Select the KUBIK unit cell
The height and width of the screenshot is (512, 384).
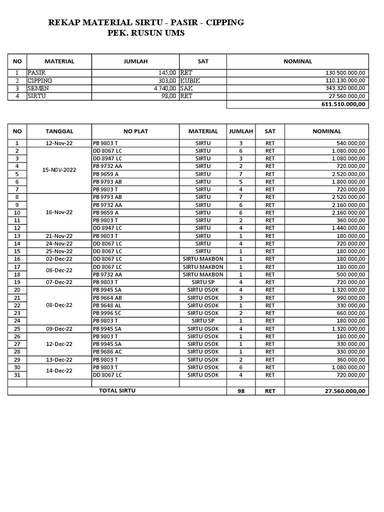click(x=189, y=80)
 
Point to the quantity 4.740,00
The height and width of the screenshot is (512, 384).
click(x=164, y=88)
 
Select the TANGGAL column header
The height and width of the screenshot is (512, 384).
click(x=59, y=131)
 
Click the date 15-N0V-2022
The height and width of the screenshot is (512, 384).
click(x=59, y=170)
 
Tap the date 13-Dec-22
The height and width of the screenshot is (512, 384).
click(x=59, y=359)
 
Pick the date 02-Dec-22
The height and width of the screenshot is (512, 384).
click(x=59, y=259)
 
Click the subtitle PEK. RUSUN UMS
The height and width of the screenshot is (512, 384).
click(x=146, y=33)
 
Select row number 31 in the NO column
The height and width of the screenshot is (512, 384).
click(x=17, y=374)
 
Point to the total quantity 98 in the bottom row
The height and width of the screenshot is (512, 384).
click(x=240, y=391)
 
